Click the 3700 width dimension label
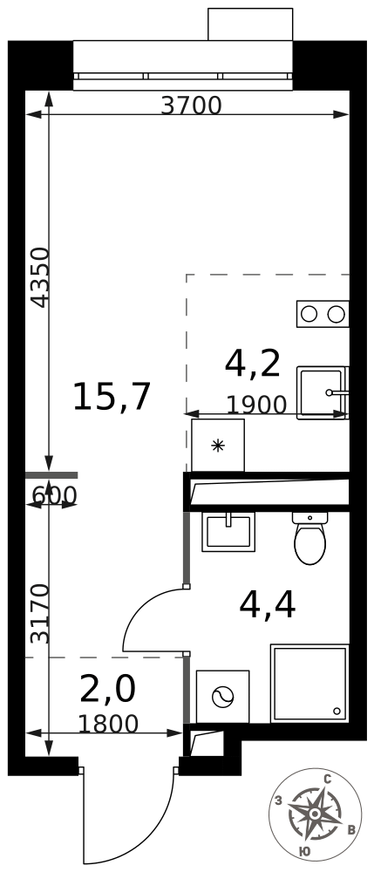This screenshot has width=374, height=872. (191, 106)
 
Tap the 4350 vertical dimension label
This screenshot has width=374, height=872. (41, 277)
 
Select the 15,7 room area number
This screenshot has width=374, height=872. (112, 397)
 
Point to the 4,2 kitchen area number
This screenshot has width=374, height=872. (252, 364)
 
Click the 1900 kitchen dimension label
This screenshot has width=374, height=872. (256, 405)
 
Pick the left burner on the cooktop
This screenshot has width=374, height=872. (309, 314)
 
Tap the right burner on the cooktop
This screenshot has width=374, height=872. (337, 314)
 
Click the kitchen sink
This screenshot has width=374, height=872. (323, 392)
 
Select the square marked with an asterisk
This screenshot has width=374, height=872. (218, 445)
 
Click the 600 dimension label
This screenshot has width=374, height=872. (54, 494)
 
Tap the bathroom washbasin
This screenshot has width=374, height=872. (228, 532)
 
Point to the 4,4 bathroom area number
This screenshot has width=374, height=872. (268, 605)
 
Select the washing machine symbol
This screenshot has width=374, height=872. (223, 697)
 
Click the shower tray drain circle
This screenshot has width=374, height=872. (337, 711)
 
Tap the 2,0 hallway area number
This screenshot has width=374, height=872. (108, 689)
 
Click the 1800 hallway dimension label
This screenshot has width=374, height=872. (108, 724)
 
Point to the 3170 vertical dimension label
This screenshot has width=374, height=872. (41, 613)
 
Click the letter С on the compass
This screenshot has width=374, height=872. (327, 780)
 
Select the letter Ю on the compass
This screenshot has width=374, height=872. (304, 851)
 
